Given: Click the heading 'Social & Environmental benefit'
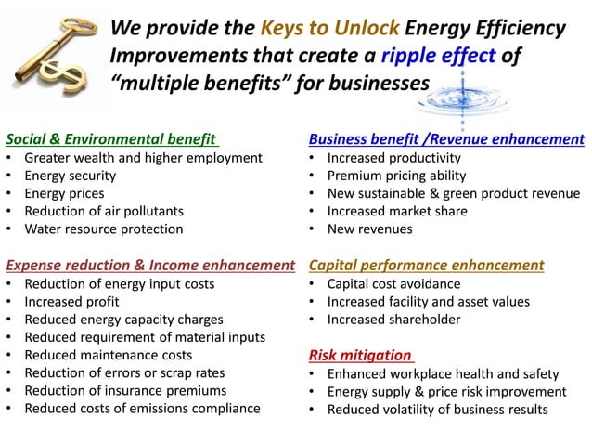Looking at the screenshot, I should point(111,139).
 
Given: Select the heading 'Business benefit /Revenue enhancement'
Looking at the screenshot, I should point(446,139).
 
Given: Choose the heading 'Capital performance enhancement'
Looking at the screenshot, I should point(426,266).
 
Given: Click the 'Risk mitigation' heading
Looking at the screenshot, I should point(360,355).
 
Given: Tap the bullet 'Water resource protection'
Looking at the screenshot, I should point(104,229).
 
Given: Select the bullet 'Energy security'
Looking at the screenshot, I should point(71,176).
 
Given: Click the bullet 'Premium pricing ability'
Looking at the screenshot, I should point(394,176).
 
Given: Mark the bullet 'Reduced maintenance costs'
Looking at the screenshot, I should point(109,355).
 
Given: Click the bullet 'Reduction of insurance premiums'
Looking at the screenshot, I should point(125,390).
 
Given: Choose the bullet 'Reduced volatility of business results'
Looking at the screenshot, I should point(437,409).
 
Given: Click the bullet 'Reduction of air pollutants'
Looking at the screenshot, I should point(104,211).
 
